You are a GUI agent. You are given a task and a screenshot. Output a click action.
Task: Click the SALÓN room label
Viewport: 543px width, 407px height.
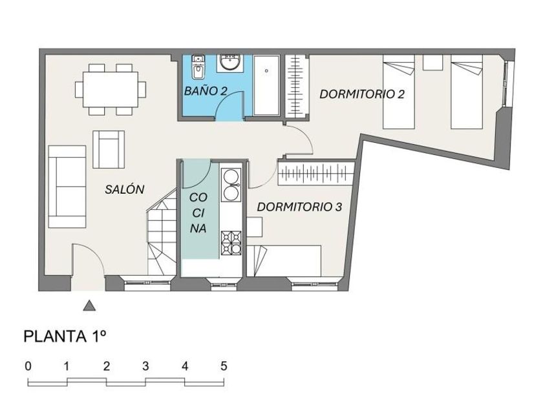[x=124, y=189]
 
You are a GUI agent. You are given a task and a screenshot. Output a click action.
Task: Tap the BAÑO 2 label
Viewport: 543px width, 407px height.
[x=205, y=91]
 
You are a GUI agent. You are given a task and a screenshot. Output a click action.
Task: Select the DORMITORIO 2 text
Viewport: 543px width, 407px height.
[x=362, y=94]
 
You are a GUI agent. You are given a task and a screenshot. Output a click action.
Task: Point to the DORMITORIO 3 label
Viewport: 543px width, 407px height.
[x=299, y=207]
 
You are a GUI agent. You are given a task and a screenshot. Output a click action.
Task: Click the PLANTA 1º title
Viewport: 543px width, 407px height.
[x=64, y=336]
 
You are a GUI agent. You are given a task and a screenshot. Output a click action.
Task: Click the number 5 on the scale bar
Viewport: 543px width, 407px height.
[x=224, y=366]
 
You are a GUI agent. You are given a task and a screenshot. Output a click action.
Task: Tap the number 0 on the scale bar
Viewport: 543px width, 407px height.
[x=28, y=366]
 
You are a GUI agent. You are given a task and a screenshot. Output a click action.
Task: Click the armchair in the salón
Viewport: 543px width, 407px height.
[x=109, y=149]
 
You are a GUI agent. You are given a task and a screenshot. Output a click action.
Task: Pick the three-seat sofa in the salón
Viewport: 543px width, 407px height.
[x=67, y=186]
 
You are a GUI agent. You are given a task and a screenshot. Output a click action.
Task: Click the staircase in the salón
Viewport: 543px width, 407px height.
[x=160, y=236]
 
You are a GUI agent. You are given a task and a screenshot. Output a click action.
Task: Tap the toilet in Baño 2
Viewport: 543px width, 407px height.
[x=198, y=67]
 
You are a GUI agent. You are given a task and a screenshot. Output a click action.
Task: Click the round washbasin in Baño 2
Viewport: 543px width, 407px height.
[x=230, y=63]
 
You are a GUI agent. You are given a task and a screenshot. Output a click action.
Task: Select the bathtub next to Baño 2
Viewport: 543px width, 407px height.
[x=266, y=85]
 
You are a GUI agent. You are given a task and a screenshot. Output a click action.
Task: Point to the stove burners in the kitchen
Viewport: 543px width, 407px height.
[x=231, y=242]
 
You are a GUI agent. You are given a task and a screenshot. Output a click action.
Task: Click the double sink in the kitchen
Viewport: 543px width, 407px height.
[x=231, y=184]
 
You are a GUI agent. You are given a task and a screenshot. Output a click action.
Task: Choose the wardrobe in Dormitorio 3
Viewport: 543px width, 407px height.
[x=317, y=172]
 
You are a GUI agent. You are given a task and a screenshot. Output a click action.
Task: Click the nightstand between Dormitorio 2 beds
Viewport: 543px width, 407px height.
[x=432, y=62]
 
